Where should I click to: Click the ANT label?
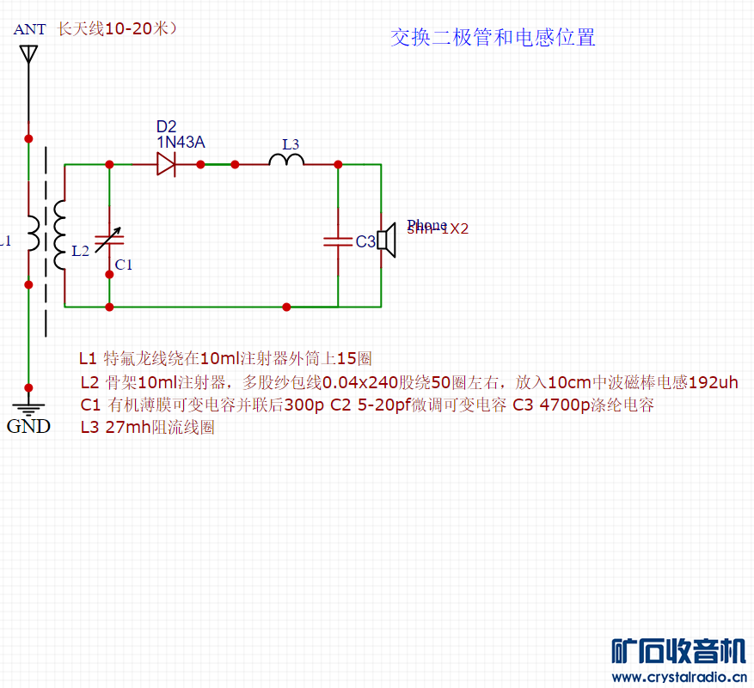click(x=29, y=29)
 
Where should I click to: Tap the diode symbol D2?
click(x=166, y=163)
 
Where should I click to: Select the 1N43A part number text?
click(x=181, y=143)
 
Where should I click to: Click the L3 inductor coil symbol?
click(x=286, y=161)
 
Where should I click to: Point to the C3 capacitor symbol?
click(x=338, y=241)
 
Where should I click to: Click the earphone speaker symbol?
click(x=386, y=241)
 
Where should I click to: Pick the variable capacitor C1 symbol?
click(x=109, y=240)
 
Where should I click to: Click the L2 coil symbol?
click(x=59, y=234)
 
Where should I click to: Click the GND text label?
click(x=28, y=426)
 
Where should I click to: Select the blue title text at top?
click(x=493, y=37)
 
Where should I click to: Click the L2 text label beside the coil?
click(x=80, y=251)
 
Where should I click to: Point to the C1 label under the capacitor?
click(x=124, y=265)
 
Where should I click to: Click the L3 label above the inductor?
click(x=291, y=143)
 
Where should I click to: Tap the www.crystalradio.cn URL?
click(x=679, y=677)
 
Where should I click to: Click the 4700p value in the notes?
click(x=563, y=405)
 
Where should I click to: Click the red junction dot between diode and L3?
click(x=201, y=163)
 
